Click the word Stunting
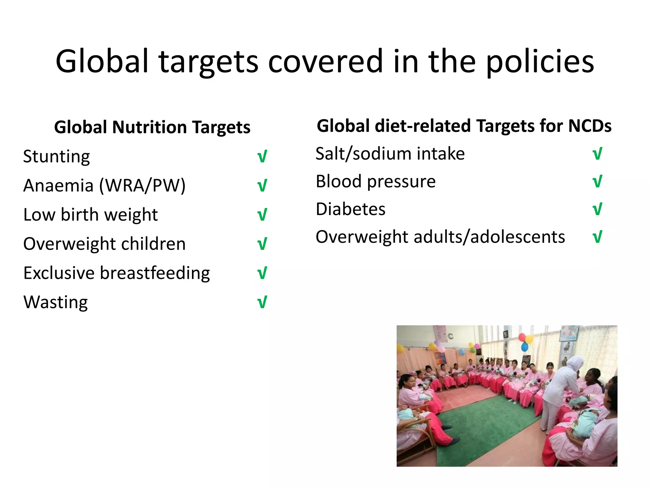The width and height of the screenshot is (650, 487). pyautogui.click(x=56, y=156)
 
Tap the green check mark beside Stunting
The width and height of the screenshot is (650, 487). pyautogui.click(x=262, y=156)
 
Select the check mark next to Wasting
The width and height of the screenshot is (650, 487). pyautogui.click(x=262, y=302)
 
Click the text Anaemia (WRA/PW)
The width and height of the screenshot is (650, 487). pyautogui.click(x=104, y=185)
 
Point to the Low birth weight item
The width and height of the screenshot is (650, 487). pyautogui.click(x=90, y=215)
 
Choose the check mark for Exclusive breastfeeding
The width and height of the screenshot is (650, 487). pyautogui.click(x=262, y=273)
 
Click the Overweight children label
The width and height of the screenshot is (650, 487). pyautogui.click(x=104, y=244)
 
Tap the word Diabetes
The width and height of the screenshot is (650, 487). pyautogui.click(x=350, y=209)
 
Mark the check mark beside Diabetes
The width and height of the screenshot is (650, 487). pyautogui.click(x=597, y=209)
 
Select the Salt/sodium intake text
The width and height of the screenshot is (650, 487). pyautogui.click(x=390, y=154)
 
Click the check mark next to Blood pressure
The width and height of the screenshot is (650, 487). pyautogui.click(x=597, y=182)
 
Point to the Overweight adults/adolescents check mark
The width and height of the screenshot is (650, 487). pyautogui.click(x=597, y=237)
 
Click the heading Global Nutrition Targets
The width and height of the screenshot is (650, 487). pyautogui.click(x=152, y=127)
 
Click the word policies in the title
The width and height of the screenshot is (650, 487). pyautogui.click(x=540, y=62)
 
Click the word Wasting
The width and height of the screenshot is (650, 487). pyautogui.click(x=56, y=302)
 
